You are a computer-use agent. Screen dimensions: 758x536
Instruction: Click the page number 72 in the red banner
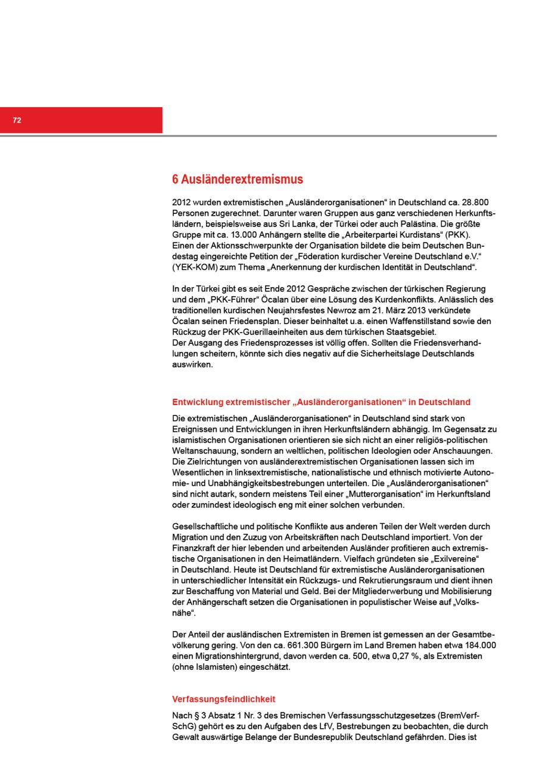[17, 120]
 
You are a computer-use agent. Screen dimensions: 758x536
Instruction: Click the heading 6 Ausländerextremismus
[237, 179]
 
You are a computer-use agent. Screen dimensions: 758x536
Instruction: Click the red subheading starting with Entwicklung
[321, 402]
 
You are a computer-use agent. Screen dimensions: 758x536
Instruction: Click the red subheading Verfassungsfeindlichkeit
[223, 700]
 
